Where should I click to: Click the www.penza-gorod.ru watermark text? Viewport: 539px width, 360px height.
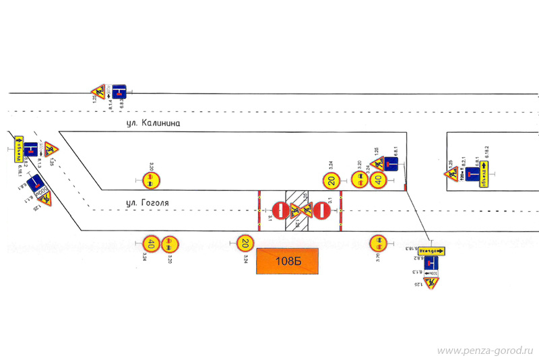[485, 351]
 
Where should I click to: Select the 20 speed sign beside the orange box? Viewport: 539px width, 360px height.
[246, 243]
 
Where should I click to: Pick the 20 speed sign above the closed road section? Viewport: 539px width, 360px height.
[330, 180]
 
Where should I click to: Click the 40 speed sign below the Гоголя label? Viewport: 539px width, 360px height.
[152, 243]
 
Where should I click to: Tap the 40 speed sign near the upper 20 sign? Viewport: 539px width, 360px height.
[378, 180]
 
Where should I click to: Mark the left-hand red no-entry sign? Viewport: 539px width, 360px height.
[281, 211]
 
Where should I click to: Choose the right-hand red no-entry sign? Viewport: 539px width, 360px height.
[320, 211]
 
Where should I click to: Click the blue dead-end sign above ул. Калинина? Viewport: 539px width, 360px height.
[119, 90]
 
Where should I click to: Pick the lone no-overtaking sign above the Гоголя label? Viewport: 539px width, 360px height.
[152, 180]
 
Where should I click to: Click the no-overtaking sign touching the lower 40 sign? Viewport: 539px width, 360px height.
[170, 243]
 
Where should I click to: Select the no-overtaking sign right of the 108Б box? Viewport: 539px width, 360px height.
[379, 243]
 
